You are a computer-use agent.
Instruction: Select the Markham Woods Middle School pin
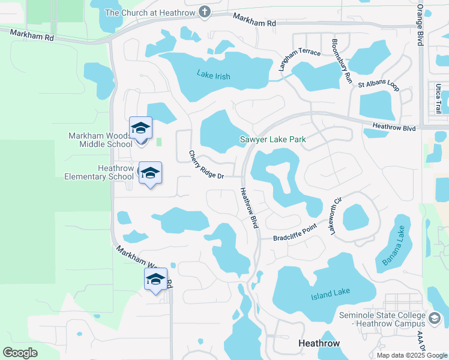coord(141,128)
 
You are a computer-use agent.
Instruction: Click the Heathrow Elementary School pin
coord(150,173)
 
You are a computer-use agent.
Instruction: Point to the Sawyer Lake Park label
coord(273,139)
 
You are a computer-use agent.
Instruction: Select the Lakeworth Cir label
coord(333,213)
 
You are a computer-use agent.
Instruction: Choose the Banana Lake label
coord(394,245)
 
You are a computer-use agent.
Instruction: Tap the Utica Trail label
coord(439,100)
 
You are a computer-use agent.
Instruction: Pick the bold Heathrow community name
coord(319,343)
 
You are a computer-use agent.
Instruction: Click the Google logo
coord(20,352)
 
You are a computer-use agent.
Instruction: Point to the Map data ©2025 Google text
coord(411,355)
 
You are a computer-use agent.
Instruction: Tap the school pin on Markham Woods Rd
coord(155,280)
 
